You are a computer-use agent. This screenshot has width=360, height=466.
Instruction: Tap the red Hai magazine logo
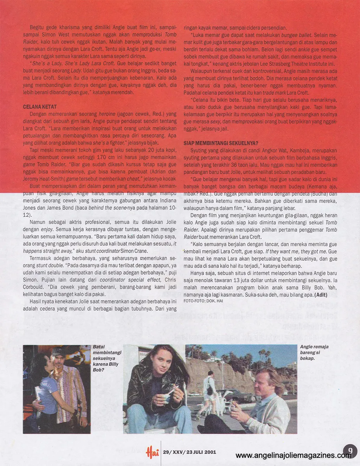point(152,452)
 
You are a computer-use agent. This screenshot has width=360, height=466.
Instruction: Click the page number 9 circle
point(350,450)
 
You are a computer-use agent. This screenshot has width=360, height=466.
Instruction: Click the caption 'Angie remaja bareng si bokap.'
point(312,353)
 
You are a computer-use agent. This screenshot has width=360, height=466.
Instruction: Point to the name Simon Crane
point(136,251)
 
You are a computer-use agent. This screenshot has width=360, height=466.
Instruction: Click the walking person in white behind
point(209,384)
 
